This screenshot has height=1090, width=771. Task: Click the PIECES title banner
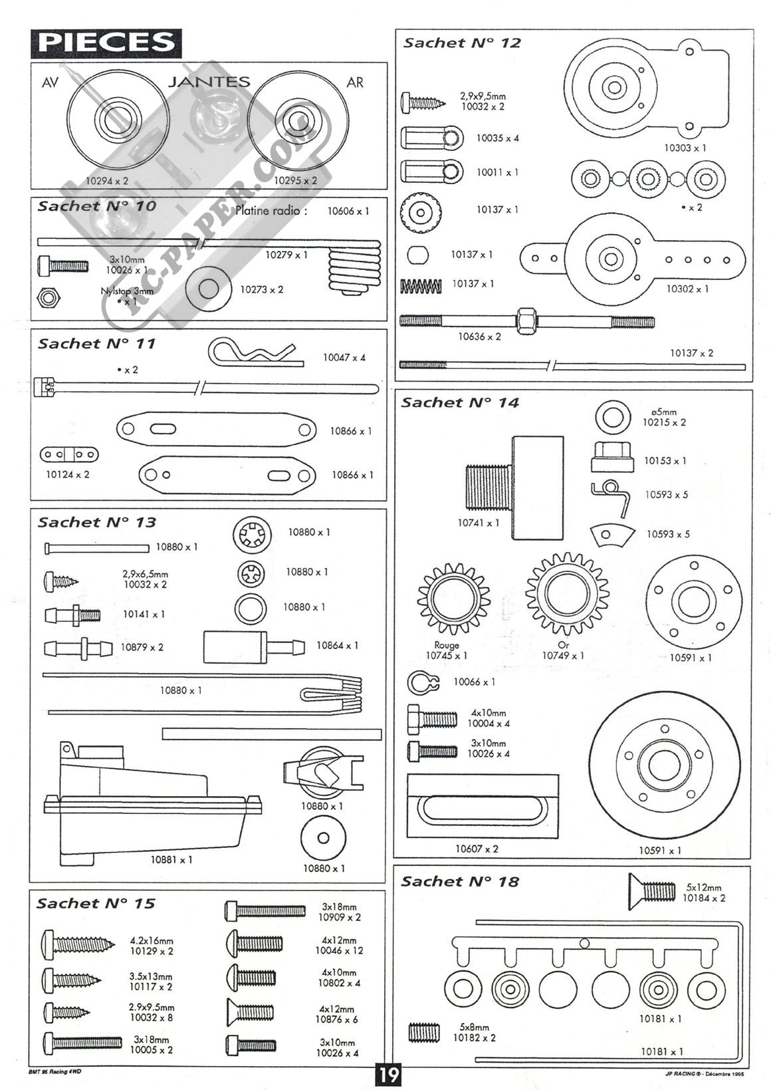(106, 42)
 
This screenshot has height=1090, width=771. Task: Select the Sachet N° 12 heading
(462, 43)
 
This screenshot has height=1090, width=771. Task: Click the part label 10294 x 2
(107, 180)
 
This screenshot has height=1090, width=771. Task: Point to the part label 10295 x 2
(295, 180)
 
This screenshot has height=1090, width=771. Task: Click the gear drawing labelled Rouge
(453, 599)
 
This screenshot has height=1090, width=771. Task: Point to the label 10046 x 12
(339, 952)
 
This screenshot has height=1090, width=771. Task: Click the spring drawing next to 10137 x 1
(421, 286)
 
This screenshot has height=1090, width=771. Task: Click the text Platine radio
(271, 211)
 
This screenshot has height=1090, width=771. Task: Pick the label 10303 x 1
(685, 148)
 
